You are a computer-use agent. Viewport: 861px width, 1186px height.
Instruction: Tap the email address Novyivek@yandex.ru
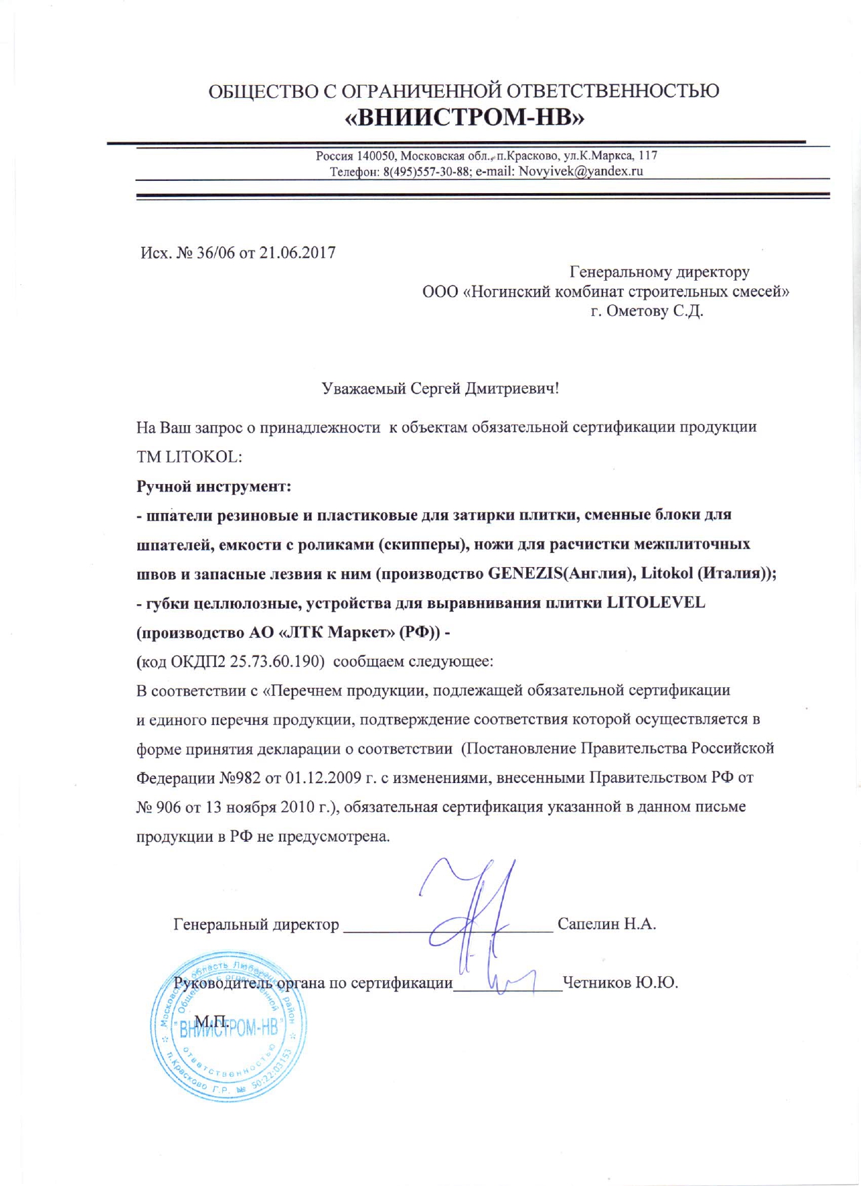coord(580,171)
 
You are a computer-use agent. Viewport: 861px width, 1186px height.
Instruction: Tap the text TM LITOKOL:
coord(189,456)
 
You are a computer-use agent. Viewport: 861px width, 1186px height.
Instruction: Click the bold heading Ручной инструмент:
coord(213,486)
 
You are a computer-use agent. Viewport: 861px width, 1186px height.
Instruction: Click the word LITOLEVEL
coord(656,603)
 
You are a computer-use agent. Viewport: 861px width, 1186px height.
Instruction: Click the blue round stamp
coord(228,1029)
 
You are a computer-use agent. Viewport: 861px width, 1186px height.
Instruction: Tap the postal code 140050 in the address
coord(377,156)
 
